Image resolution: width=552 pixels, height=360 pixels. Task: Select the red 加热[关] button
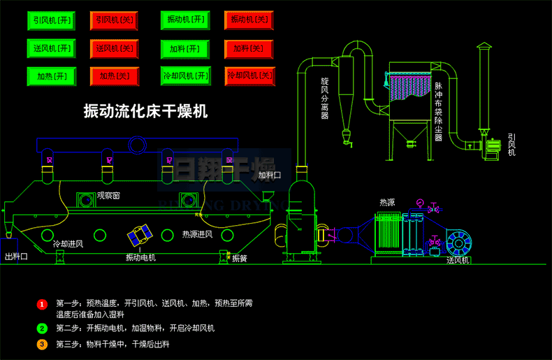point(115,76)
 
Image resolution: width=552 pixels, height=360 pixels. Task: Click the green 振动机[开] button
point(185,20)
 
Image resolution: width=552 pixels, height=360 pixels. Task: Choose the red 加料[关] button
point(249,48)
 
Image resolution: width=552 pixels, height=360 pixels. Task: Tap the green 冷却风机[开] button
point(185,75)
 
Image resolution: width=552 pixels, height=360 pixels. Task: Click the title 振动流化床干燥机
point(145,110)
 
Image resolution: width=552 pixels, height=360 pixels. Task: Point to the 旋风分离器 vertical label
point(324,99)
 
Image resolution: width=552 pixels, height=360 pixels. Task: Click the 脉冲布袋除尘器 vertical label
point(439,111)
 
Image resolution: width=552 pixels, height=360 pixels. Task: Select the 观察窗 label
point(108,196)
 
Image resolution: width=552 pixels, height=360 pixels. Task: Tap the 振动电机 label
point(140,258)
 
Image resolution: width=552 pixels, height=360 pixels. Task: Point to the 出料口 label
point(16,257)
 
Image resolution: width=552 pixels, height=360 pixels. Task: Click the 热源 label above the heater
point(387,202)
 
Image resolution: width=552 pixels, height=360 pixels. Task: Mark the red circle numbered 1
point(42,304)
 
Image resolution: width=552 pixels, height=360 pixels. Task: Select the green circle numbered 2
point(42,328)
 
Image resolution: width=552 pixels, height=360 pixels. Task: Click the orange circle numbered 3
point(42,344)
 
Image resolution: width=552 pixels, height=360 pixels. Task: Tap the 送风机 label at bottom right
point(458,261)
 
